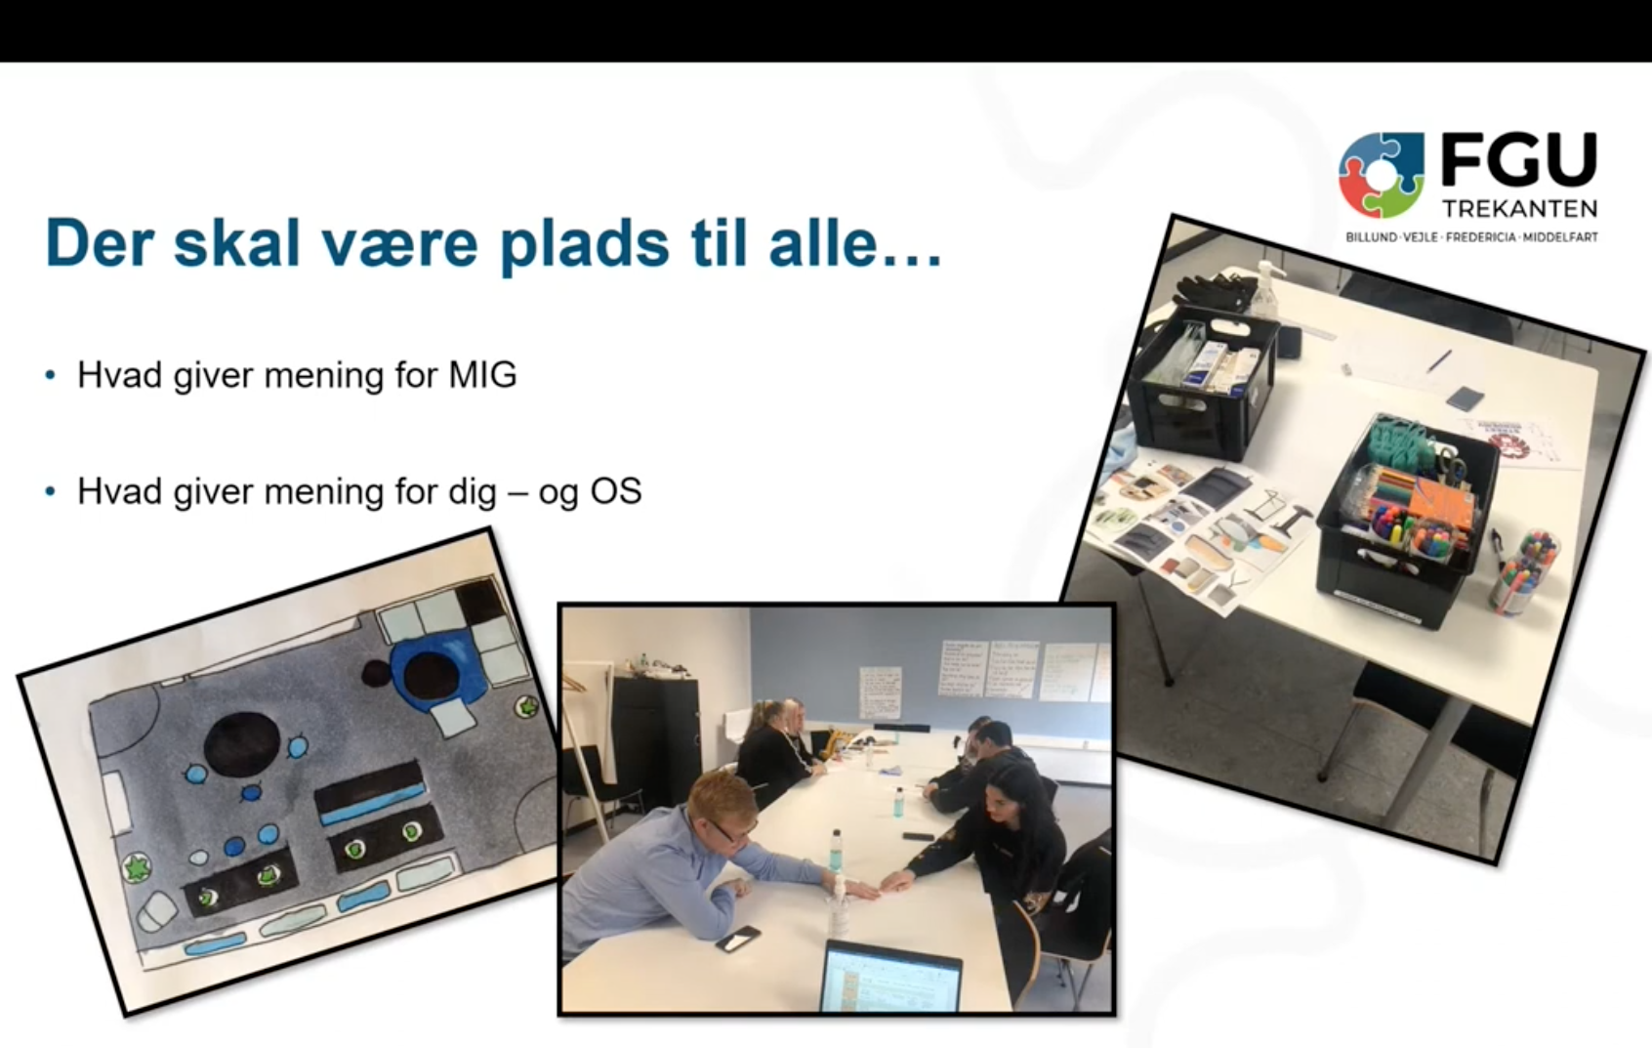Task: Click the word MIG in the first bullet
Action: [x=482, y=375]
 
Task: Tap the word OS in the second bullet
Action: [x=616, y=491]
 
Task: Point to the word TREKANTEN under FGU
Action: [x=1519, y=209]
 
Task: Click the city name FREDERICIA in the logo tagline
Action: [x=1481, y=237]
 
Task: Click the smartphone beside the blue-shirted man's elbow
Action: [x=738, y=939]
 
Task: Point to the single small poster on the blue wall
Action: [x=880, y=691]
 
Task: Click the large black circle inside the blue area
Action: [x=431, y=675]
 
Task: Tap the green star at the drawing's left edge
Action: [x=136, y=866]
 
